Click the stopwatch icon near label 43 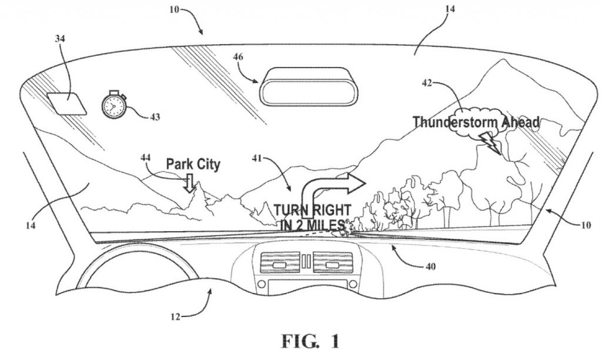click(113, 104)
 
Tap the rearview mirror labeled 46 click(309, 86)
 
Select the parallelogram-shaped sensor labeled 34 click(67, 103)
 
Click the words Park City click(193, 164)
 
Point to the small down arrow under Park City click(189, 183)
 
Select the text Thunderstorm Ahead click(476, 122)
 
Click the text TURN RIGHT click(312, 210)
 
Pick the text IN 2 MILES click(312, 225)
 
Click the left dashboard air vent click(280, 263)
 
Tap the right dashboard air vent click(333, 263)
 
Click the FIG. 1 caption click(311, 341)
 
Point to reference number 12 click(175, 316)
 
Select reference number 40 click(431, 266)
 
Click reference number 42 click(427, 82)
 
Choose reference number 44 click(146, 158)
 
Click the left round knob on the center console click(262, 284)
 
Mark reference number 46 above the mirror click(238, 57)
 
